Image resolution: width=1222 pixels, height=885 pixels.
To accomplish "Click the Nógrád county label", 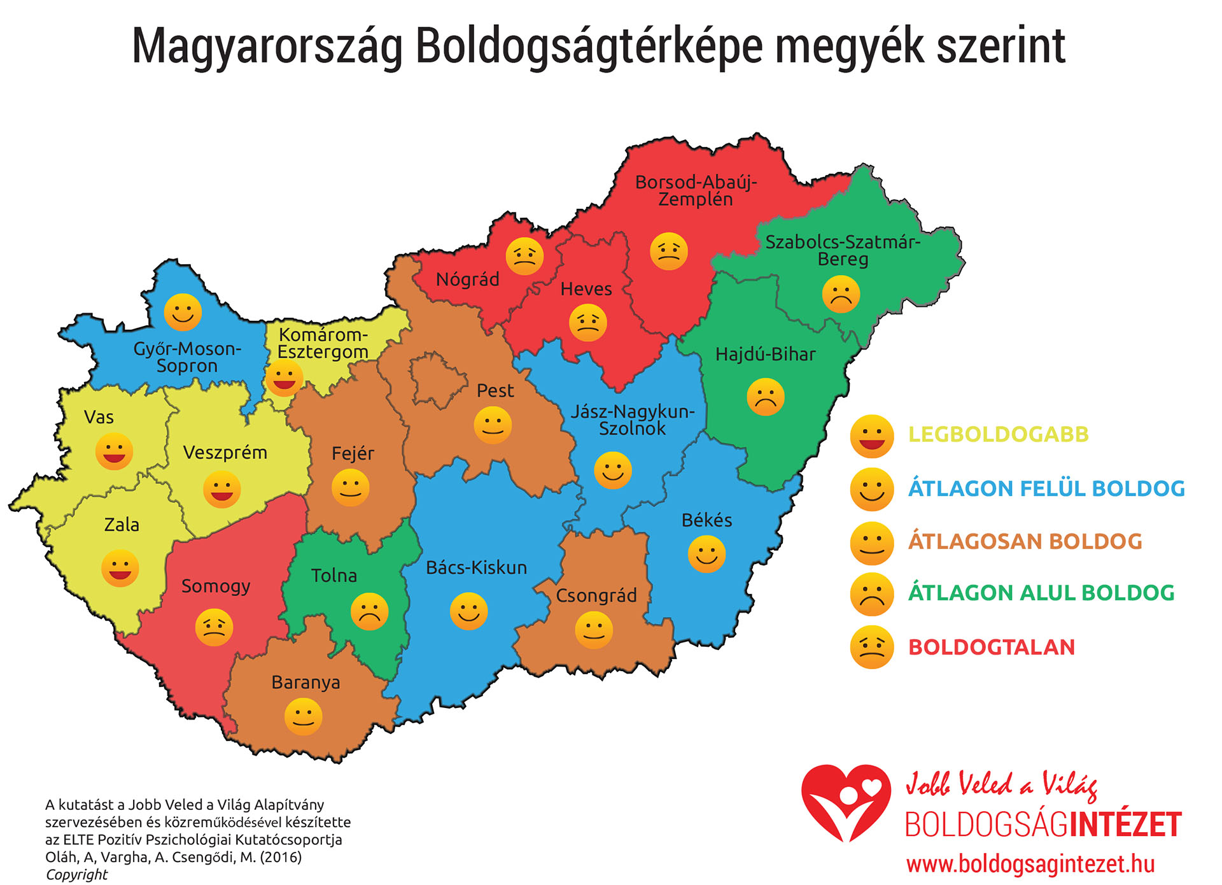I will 467,280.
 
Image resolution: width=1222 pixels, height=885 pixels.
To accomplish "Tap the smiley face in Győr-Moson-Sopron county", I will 183,312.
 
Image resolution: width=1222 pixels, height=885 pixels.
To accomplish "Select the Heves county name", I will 586,289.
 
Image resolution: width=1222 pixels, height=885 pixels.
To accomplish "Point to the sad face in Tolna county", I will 369,611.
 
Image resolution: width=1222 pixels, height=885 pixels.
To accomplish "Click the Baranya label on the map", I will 305,683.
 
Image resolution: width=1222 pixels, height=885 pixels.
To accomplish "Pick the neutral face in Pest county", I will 493,425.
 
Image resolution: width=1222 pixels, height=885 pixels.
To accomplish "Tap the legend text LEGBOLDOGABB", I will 998,434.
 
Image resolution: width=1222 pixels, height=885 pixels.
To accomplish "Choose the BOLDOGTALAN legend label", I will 991,647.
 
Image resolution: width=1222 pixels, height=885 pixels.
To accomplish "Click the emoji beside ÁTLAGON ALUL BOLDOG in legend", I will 871,594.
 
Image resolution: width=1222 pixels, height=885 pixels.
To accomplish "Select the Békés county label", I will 706,520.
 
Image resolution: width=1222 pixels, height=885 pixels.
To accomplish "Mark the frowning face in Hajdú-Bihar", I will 765,397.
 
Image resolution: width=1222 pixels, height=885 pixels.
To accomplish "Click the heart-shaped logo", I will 845,802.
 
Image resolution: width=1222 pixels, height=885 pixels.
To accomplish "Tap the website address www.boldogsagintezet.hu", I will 1030,864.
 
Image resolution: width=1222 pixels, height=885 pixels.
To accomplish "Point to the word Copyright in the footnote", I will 76,874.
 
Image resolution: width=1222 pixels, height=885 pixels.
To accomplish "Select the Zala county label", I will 122,525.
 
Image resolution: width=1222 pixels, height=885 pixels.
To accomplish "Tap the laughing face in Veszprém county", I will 221,489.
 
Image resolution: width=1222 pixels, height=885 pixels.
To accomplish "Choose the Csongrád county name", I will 596,595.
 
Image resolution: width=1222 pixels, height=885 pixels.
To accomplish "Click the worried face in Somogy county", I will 214,627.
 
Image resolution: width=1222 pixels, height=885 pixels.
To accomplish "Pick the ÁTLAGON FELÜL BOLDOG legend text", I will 1046,488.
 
